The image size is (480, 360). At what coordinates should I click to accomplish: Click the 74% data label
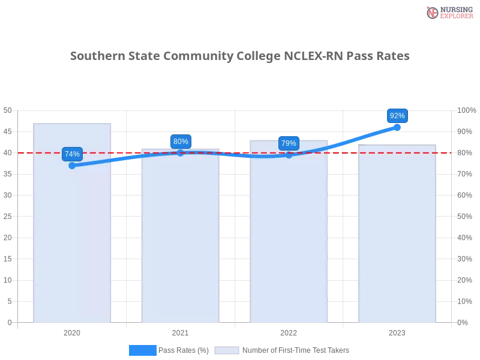click(72, 154)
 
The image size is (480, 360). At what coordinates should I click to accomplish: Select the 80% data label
click(181, 142)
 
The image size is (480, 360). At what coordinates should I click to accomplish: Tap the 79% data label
click(289, 143)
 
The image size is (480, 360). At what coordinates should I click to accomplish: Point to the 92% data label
click(397, 116)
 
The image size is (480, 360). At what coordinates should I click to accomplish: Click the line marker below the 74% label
click(72, 166)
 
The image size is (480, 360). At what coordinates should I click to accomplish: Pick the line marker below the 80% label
click(181, 153)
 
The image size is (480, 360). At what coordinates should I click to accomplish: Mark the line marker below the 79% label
click(289, 155)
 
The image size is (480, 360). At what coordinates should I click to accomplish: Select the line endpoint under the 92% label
click(397, 127)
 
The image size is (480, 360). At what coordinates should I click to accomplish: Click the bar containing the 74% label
click(72, 240)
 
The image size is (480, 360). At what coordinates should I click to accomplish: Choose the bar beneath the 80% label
click(181, 240)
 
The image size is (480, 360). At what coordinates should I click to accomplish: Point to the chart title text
click(240, 56)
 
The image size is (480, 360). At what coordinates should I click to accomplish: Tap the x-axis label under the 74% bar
click(72, 331)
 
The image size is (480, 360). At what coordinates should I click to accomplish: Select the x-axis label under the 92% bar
click(397, 331)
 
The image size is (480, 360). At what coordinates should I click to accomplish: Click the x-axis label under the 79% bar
click(289, 331)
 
